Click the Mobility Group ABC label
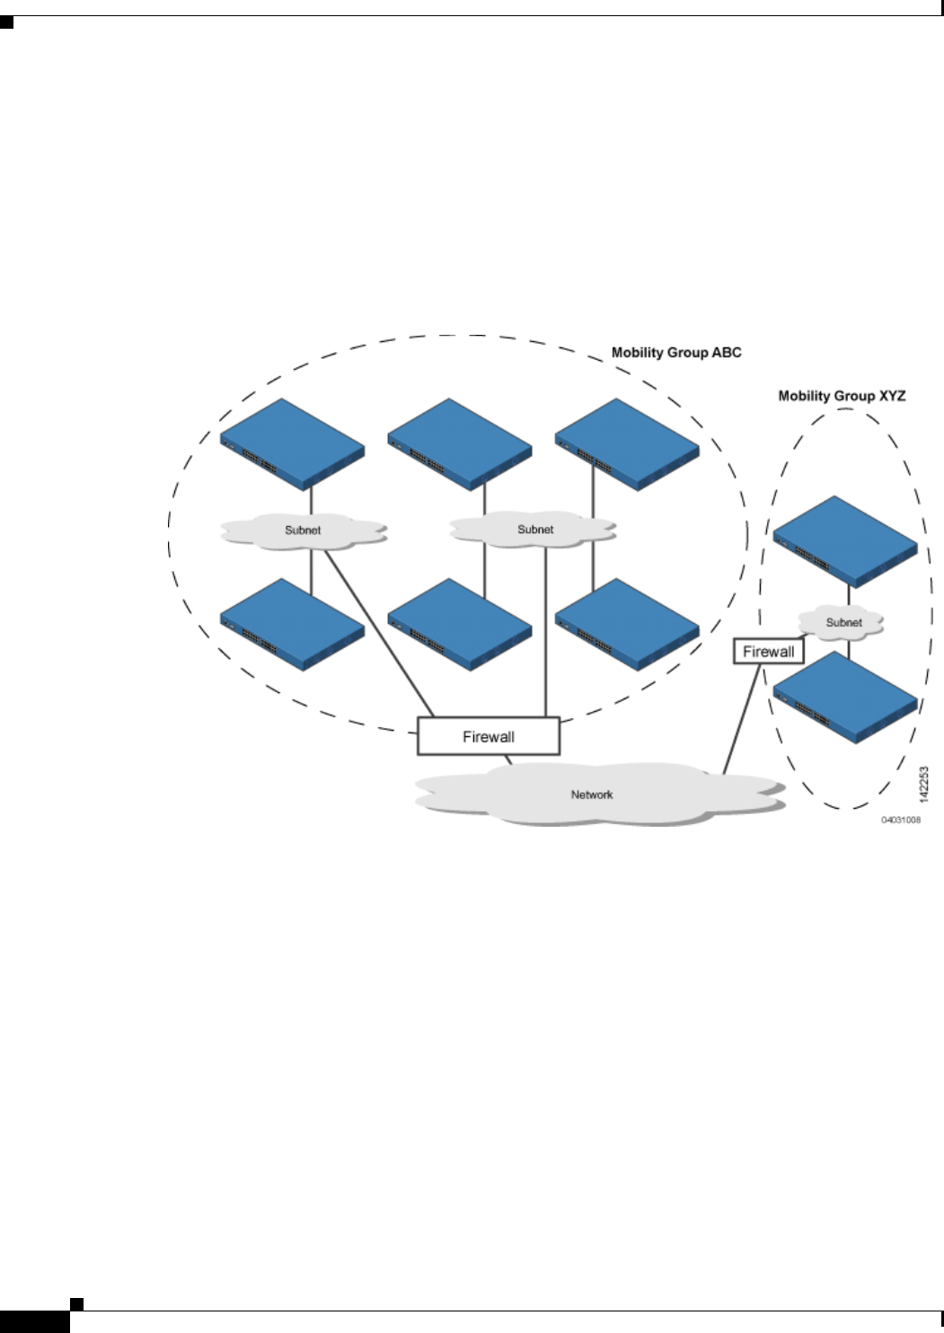tap(676, 353)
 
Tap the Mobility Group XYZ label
tap(842, 396)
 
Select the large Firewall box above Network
tap(489, 737)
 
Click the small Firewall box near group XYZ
tap(768, 652)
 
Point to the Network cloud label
tap(592, 794)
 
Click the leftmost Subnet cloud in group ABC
tap(303, 531)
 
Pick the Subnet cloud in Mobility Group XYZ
tap(843, 622)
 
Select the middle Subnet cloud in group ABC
tap(535, 530)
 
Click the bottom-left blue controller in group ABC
tap(293, 625)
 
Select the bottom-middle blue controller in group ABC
tap(460, 625)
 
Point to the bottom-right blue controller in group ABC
tap(627, 625)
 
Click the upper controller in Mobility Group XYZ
tap(845, 542)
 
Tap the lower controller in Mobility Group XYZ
tap(845, 697)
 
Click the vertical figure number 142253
tap(924, 784)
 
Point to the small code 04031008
tap(900, 820)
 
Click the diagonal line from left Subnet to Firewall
tap(379, 633)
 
